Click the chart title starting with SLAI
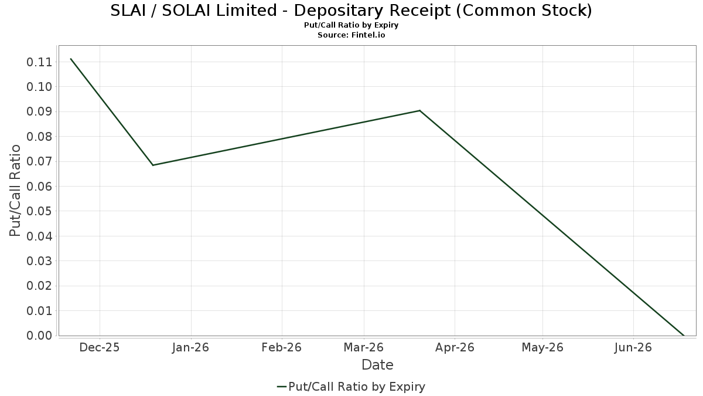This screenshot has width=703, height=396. [351, 11]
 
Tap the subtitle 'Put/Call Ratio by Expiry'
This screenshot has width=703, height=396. [351, 26]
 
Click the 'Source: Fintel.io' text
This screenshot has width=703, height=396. [351, 35]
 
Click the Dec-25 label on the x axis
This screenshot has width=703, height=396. [100, 347]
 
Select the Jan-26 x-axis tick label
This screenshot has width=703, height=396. [191, 347]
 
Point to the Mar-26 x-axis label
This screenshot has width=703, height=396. [364, 347]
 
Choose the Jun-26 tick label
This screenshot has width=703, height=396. [633, 347]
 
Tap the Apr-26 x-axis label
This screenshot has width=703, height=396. [455, 347]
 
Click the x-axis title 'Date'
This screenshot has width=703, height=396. [377, 365]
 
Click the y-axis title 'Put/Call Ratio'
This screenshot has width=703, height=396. [16, 191]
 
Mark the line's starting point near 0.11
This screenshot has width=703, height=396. [71, 59]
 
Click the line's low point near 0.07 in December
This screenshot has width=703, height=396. [153, 165]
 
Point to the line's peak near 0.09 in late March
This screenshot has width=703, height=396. [419, 110]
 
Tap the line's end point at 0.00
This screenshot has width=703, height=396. [683, 336]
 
